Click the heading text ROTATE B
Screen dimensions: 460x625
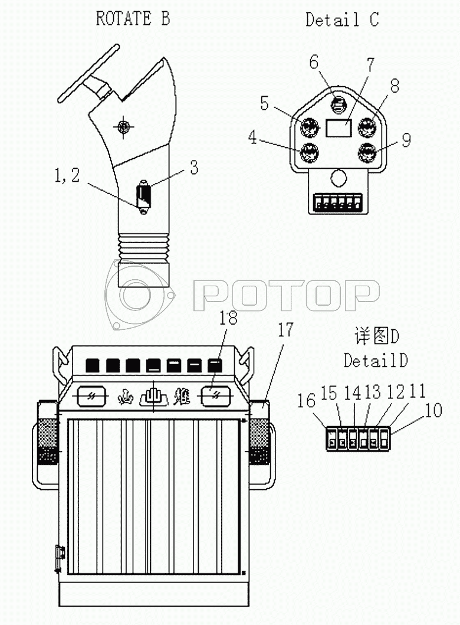point(133,19)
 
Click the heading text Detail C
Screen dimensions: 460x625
point(342,19)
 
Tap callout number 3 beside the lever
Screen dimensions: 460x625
point(194,168)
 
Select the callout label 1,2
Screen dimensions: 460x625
point(67,175)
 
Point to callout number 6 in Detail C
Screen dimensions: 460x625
point(314,62)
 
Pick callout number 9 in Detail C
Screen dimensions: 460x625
point(406,140)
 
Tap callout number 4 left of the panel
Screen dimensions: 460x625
point(252,137)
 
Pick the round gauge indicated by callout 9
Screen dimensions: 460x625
point(367,153)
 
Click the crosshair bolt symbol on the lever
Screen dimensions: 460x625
point(123,127)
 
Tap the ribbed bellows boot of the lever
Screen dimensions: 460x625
point(143,247)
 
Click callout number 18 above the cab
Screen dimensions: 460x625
point(228,318)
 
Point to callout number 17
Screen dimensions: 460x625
point(285,330)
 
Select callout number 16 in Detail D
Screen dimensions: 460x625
point(306,400)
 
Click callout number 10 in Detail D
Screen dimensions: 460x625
point(433,410)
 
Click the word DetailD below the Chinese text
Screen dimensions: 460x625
point(376,361)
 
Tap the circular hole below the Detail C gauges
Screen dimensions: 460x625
point(339,178)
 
